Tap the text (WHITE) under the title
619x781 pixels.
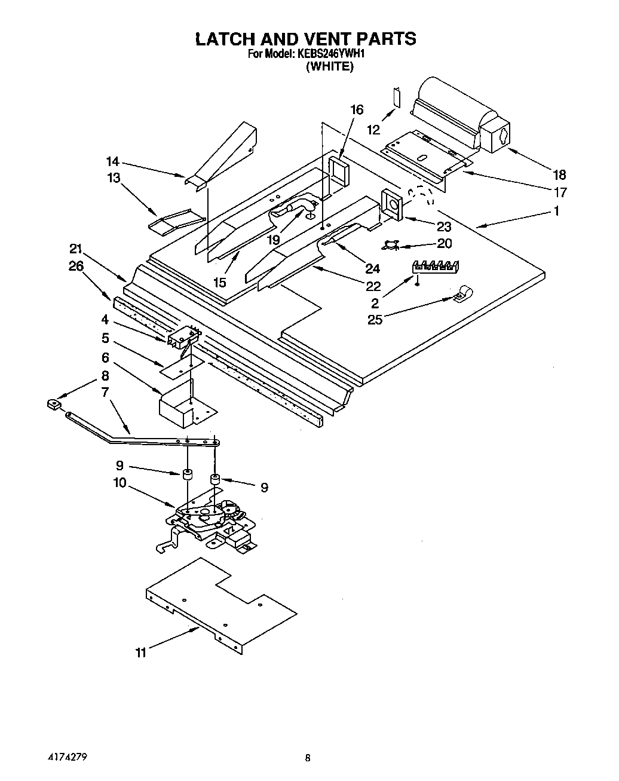pos(329,66)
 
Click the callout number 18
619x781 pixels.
pos(559,174)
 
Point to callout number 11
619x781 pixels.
pos(140,653)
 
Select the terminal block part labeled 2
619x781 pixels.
pos(436,267)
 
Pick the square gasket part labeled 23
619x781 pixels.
pos(392,206)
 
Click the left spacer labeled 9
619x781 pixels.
pos(188,476)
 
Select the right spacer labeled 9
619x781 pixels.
pos(214,479)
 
